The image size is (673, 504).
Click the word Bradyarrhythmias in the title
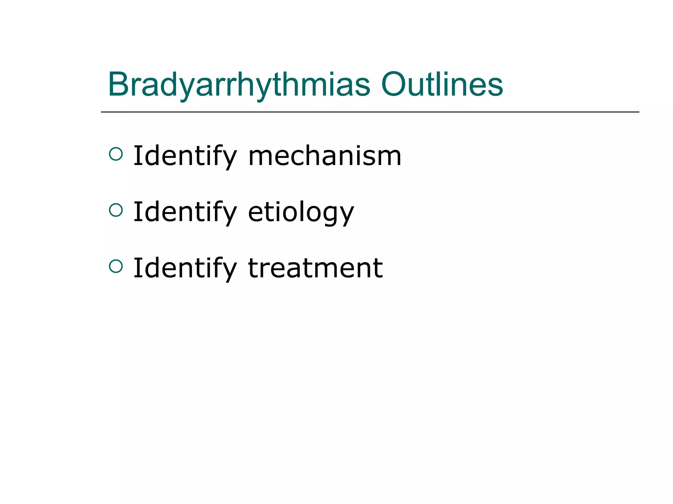click(239, 85)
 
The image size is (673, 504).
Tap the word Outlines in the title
click(442, 85)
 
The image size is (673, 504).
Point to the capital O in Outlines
click(394, 84)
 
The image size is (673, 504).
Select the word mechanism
click(324, 156)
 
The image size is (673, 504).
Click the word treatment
click(315, 268)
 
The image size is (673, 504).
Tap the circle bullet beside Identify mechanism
click(116, 154)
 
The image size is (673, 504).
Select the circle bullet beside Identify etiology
click(116, 210)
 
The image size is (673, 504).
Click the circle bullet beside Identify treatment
click(116, 266)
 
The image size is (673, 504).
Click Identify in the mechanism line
click(185, 156)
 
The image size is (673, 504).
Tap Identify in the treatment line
click(185, 268)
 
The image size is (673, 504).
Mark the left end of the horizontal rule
click(102, 112)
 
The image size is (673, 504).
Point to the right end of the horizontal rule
click(638, 112)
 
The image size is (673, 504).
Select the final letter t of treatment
click(377, 268)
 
